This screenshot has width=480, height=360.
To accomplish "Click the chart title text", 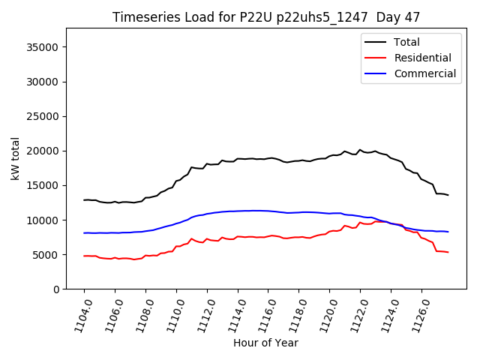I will pos(265,17).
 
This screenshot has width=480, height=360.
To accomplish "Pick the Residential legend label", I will pos(423,58).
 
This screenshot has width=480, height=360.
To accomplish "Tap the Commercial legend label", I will pos(425,73).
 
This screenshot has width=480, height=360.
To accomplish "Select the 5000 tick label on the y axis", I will pos(47,255).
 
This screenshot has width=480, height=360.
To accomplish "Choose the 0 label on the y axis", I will pos(56,289).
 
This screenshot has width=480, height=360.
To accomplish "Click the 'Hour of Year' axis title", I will pos(265,343).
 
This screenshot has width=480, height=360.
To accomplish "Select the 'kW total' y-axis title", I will pos(16,159).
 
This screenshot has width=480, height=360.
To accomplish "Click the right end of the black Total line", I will pos(448,195).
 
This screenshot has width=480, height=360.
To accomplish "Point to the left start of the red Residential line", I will pos(84,256).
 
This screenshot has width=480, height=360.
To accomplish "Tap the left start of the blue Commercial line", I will pos(84,233).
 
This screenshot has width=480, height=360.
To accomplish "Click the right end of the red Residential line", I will pos(448,252).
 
